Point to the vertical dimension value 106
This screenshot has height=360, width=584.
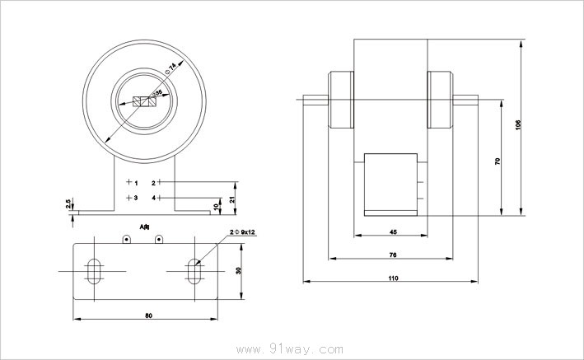517,125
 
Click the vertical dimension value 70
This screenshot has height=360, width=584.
498,162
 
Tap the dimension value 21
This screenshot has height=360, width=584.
234,199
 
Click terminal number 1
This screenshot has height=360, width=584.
136,181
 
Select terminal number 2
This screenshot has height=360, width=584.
153,181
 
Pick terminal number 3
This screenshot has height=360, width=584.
136,199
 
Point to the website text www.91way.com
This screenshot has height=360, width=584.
291,349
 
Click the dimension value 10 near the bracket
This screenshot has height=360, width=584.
216,205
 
